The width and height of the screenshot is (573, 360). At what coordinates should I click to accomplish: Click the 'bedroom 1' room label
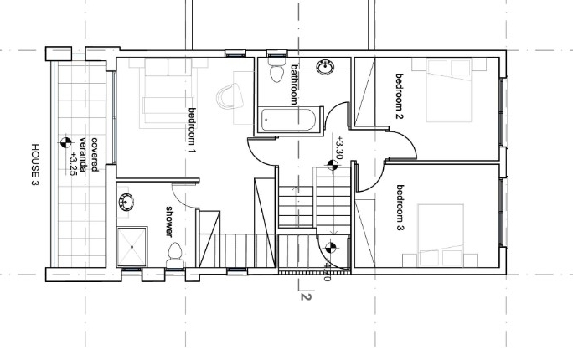click(192, 131)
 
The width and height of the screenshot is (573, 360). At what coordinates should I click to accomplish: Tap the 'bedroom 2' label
click(400, 96)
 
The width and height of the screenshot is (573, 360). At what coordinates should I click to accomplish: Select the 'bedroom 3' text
click(400, 208)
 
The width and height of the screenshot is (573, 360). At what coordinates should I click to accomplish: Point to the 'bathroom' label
click(294, 85)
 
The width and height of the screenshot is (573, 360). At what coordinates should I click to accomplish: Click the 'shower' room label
click(169, 221)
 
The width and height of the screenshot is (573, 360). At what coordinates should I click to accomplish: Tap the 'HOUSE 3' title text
click(34, 164)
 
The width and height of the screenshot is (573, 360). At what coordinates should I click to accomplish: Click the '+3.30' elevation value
click(340, 147)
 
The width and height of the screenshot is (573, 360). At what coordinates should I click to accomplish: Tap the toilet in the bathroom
click(276, 69)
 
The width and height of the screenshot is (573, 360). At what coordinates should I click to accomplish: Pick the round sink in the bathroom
click(325, 67)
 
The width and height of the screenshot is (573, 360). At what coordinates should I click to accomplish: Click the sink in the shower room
click(126, 202)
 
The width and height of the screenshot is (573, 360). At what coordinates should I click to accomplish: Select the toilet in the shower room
click(175, 255)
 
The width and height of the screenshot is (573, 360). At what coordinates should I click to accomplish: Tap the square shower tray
click(132, 247)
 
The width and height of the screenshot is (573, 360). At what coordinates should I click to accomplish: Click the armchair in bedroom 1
click(230, 96)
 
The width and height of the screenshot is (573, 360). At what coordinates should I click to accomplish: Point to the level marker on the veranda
click(66, 142)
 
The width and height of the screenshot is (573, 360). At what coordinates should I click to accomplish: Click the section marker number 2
click(307, 296)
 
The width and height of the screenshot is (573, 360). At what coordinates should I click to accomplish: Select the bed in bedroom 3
click(441, 235)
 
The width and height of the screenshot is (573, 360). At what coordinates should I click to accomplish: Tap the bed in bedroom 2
click(449, 90)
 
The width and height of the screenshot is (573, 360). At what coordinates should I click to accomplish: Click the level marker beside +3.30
click(333, 166)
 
